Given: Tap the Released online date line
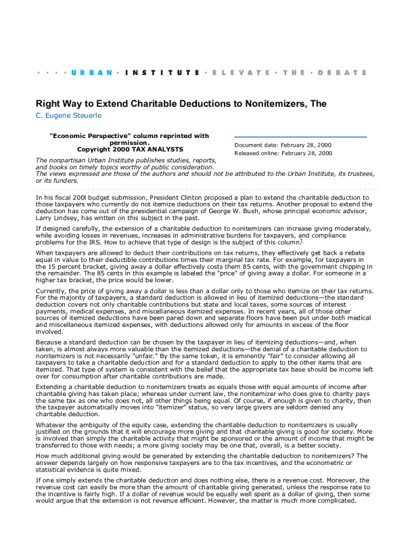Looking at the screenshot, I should (x=283, y=153).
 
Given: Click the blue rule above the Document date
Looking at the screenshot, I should (x=300, y=137).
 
